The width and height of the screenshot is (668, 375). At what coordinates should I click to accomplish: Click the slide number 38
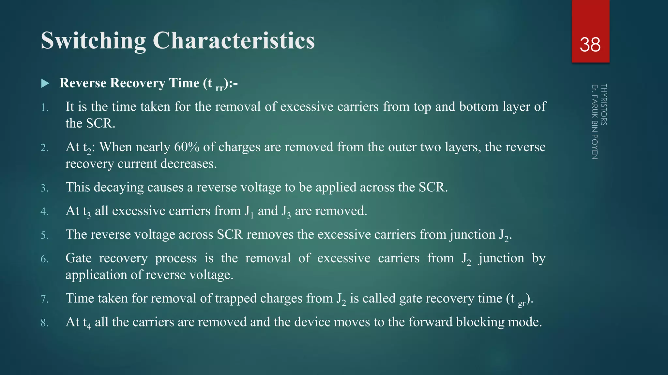click(590, 45)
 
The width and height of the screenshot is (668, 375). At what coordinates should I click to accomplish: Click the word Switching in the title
click(93, 41)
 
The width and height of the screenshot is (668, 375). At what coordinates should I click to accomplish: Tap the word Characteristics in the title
click(234, 41)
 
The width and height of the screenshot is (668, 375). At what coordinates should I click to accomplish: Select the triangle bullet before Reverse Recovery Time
click(45, 83)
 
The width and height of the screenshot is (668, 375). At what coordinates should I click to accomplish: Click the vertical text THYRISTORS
click(603, 105)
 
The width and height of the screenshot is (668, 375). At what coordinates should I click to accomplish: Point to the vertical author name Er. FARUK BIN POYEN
click(595, 122)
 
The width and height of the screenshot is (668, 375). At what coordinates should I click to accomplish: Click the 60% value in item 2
click(187, 147)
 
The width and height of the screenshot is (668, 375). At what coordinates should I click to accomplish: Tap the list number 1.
click(44, 108)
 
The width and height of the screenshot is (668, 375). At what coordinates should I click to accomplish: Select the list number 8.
click(44, 323)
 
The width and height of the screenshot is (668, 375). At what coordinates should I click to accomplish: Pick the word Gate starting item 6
click(79, 258)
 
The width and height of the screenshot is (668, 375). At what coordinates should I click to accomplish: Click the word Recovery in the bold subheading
click(141, 83)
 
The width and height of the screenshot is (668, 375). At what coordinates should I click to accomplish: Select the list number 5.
click(44, 235)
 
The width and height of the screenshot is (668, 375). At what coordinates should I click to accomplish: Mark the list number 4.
click(44, 212)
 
